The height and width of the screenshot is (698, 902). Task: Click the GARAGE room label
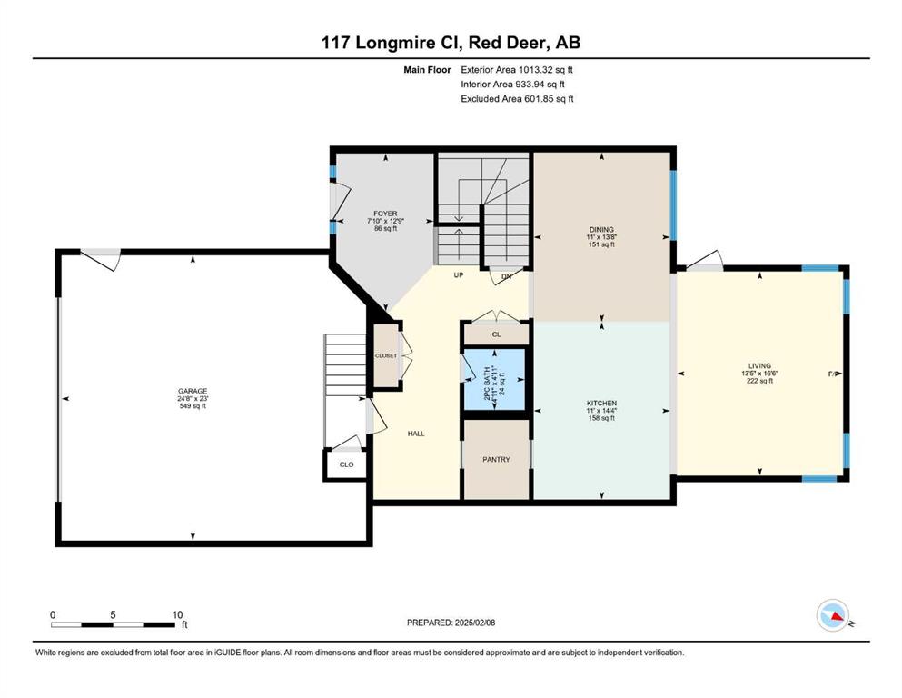(193, 392)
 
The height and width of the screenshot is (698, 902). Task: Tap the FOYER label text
(385, 214)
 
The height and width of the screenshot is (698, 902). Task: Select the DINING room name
(601, 230)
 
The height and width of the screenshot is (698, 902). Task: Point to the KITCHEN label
(601, 404)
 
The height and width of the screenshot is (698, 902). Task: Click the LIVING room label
(760, 366)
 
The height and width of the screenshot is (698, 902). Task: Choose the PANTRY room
(497, 460)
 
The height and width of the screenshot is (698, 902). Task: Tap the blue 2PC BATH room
(495, 379)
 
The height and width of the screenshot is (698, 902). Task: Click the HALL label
(416, 434)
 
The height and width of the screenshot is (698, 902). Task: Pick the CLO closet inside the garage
(346, 464)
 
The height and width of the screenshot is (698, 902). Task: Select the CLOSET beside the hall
(386, 355)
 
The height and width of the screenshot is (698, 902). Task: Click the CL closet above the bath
(497, 334)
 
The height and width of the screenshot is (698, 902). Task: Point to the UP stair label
(459, 275)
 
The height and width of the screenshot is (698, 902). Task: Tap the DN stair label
(506, 277)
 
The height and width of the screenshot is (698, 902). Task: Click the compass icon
(833, 615)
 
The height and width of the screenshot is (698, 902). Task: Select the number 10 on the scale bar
(178, 614)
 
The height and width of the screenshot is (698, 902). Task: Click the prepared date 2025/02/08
(475, 623)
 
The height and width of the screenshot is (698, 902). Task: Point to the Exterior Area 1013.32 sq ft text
(517, 70)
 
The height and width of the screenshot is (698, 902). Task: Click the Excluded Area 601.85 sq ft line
(517, 99)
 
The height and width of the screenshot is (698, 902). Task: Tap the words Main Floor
(427, 70)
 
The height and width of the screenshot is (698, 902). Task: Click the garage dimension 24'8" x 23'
(193, 399)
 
